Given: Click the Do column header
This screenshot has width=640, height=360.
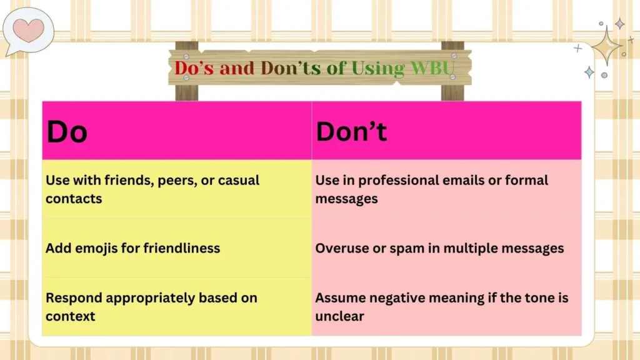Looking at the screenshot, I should [x=67, y=131].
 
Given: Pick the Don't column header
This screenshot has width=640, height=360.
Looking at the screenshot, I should [x=351, y=131].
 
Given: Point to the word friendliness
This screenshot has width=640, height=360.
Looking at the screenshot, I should [x=181, y=248].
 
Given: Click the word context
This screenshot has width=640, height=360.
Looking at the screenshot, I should [x=71, y=316].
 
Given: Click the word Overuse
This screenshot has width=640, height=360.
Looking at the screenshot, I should [x=342, y=248].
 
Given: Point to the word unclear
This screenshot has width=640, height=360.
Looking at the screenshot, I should [x=339, y=316].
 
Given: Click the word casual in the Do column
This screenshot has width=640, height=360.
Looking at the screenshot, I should [x=237, y=180].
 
